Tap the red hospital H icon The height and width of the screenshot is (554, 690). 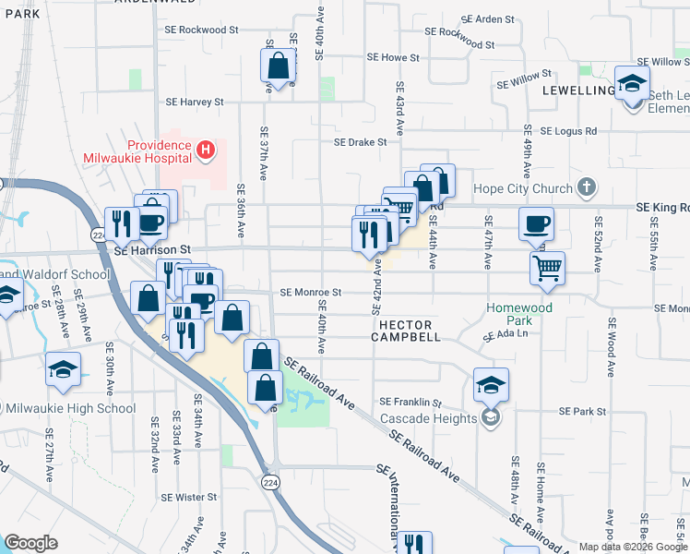[x=205, y=148]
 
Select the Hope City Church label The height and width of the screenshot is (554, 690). [x=522, y=189]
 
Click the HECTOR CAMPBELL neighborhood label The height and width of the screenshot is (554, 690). [x=406, y=331]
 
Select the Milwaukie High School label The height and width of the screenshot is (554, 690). [x=71, y=408]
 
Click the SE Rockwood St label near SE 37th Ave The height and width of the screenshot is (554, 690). [x=197, y=30]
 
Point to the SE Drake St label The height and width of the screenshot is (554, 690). [x=363, y=142]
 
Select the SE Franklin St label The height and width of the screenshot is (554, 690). [x=411, y=403]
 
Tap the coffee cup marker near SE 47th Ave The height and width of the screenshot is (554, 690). [x=537, y=223]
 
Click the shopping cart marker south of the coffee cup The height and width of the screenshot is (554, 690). [x=547, y=268]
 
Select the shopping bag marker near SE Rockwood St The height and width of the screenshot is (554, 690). [x=277, y=66]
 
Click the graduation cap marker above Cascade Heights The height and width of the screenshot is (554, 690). [x=491, y=385]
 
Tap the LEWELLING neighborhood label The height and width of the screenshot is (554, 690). [x=577, y=90]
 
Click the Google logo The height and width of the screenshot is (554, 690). [x=31, y=543]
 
